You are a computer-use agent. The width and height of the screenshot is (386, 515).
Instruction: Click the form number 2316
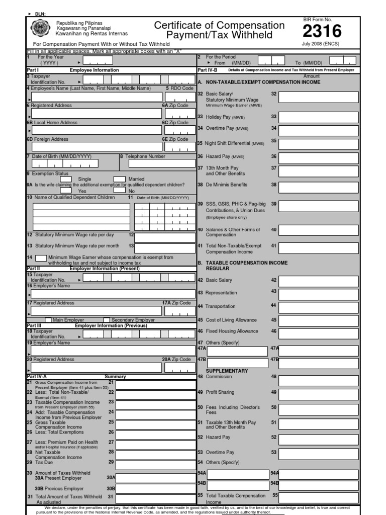[322, 32]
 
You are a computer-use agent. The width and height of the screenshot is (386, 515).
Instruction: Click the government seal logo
[40, 29]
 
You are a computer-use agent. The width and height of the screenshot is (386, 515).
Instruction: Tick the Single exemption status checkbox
[66, 179]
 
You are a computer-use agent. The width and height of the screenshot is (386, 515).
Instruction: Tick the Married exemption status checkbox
[119, 179]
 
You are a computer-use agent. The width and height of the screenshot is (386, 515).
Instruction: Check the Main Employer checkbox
[48, 320]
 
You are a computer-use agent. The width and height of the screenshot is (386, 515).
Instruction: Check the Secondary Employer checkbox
[107, 320]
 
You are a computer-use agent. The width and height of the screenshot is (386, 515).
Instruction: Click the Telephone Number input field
[161, 163]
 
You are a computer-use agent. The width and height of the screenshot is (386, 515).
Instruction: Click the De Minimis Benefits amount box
[319, 186]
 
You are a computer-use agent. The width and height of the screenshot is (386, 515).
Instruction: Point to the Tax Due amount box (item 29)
[154, 463]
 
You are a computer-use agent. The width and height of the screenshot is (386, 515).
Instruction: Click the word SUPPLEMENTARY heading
[230, 371]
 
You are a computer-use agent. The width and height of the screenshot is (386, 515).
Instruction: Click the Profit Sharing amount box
[319, 393]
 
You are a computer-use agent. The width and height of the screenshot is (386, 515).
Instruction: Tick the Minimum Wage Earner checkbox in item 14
[41, 259]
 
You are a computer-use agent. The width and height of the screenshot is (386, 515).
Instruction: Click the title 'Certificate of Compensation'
[219, 26]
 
